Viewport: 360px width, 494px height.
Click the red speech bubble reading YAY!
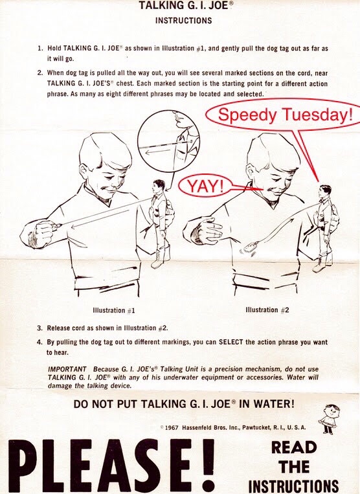point(205,186)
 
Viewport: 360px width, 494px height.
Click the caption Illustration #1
point(114,310)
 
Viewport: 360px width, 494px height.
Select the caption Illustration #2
point(267,310)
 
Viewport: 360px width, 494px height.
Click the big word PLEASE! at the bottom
point(112,466)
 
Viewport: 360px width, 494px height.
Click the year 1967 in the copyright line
point(172,427)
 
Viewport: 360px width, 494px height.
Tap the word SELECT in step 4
point(231,342)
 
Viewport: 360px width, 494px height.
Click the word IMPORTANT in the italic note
point(67,369)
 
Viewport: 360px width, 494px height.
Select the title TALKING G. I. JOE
point(184,5)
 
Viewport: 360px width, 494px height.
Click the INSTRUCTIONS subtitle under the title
point(184,21)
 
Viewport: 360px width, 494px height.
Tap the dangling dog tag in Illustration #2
point(251,247)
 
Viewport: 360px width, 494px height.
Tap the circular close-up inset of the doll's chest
point(169,141)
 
